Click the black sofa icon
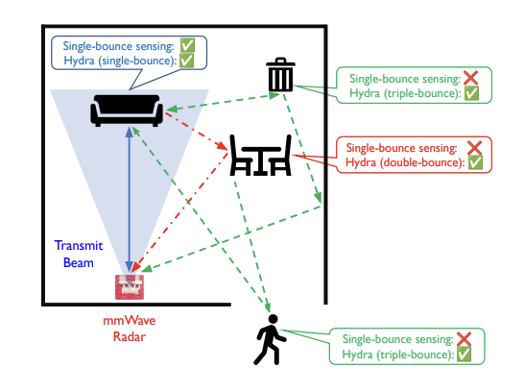point(127,110)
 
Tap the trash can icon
point(280,74)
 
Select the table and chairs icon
point(261,156)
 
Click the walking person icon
point(270,339)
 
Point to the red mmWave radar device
point(130,287)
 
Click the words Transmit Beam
point(79,254)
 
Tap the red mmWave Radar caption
point(130,329)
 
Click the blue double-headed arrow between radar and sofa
point(130,199)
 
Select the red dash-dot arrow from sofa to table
point(197,132)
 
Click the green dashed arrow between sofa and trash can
point(223,102)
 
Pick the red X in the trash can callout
point(470,78)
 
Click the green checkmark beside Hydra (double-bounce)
point(475,162)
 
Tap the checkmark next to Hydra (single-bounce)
point(186,61)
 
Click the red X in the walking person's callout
point(464,339)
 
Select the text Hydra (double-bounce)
point(405,163)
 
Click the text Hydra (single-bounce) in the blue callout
point(120,61)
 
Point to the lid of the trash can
point(280,61)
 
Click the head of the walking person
point(273,319)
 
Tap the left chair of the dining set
point(240,156)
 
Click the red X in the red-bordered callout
point(474,148)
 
